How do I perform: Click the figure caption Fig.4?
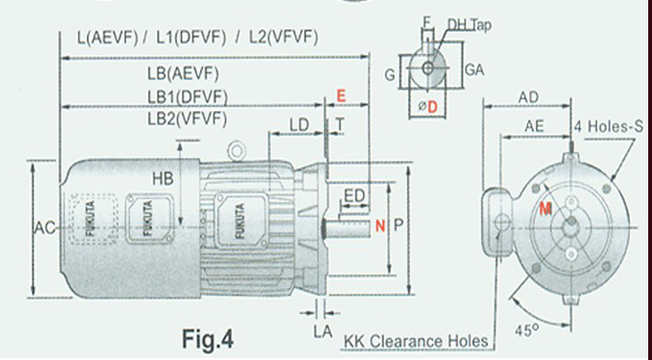tap(208, 339)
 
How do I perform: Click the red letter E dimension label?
tap(341, 96)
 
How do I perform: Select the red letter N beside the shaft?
tap(380, 225)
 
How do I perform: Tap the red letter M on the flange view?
tap(546, 208)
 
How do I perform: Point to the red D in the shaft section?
tap(432, 107)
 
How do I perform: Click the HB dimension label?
tap(163, 179)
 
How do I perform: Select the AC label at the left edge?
tap(45, 227)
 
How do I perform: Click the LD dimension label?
tap(299, 125)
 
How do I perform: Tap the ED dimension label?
tap(354, 196)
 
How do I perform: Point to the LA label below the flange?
tap(323, 332)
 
